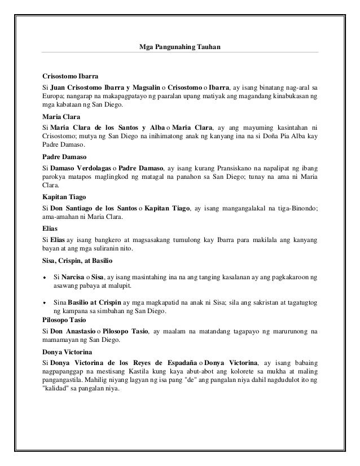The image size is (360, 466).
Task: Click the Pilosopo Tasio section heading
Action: tap(67, 319)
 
